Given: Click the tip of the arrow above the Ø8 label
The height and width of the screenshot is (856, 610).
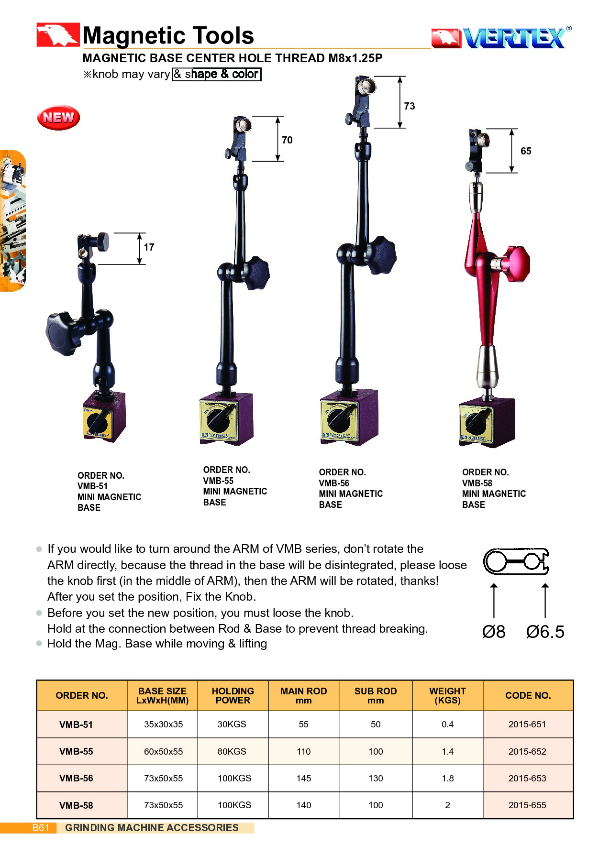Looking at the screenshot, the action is (x=494, y=583).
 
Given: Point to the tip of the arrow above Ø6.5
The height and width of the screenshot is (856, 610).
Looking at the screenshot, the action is (x=545, y=583).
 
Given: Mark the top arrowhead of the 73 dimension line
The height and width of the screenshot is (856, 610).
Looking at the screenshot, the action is (x=400, y=77).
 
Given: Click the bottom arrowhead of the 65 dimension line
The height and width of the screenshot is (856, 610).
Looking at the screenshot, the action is (x=512, y=172).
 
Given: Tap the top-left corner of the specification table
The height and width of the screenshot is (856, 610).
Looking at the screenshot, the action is (x=37, y=680).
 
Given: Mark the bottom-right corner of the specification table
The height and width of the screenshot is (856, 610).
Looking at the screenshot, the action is (x=574, y=819).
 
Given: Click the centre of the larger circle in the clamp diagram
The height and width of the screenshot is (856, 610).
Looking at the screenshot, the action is (x=496, y=561).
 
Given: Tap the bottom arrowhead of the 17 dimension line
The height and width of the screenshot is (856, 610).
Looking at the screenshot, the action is (x=140, y=263).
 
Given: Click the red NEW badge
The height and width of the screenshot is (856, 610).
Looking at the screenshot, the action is (x=58, y=117).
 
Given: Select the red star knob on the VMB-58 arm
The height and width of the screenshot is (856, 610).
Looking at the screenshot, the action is (x=518, y=263).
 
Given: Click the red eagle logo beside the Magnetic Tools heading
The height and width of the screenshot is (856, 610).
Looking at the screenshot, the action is (x=58, y=35).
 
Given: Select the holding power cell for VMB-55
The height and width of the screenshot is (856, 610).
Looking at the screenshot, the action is (x=232, y=751).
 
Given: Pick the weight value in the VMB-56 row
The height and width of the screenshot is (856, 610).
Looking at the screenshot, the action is (x=448, y=778).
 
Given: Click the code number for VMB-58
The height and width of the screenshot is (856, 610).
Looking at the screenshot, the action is (x=527, y=805).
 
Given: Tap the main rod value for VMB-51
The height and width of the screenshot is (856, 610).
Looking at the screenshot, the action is (x=304, y=724).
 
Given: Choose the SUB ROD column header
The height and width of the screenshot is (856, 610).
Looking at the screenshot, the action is (x=376, y=695).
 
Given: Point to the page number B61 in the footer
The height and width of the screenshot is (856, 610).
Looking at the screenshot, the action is (x=41, y=828).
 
